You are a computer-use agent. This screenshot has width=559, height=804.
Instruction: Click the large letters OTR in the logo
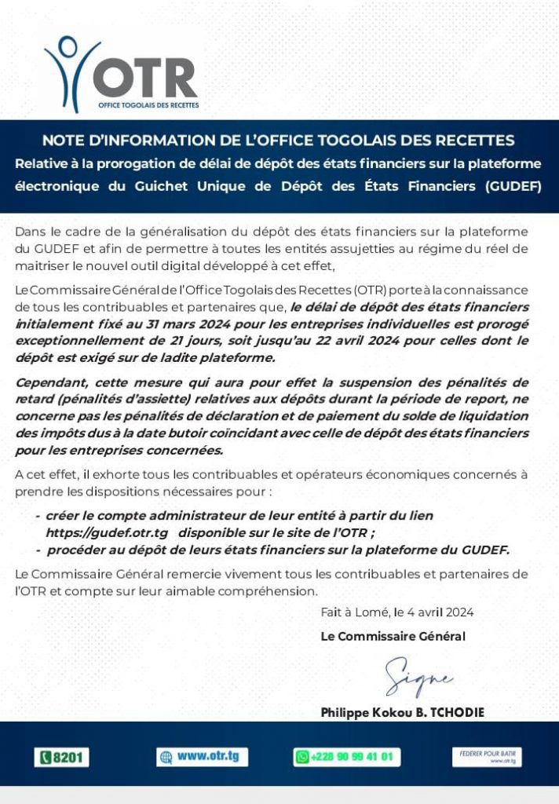coord(145,79)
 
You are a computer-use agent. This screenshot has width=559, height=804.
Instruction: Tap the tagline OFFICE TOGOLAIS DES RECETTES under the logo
coord(148,104)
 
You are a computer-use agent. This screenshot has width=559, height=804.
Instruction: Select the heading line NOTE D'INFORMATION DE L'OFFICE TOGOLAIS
coord(279,141)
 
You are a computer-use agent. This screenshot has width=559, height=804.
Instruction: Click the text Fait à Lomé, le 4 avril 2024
coord(396,612)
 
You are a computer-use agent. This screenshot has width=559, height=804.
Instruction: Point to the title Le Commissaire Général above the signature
coord(393,637)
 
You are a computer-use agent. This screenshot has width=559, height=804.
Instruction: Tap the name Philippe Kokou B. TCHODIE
coord(402,713)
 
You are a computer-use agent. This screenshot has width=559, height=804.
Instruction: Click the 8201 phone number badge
coord(62,758)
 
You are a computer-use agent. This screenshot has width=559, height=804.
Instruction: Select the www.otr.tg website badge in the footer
coord(203,757)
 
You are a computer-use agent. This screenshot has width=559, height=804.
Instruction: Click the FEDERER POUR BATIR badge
coord(487,757)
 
